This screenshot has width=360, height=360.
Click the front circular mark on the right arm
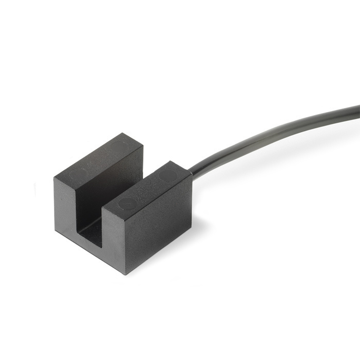click(x=127, y=203)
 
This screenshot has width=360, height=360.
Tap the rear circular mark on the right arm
click(x=167, y=175)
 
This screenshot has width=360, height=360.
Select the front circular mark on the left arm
click(x=78, y=174)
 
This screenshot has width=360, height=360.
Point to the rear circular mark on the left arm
click(x=119, y=147)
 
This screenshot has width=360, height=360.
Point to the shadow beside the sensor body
click(x=206, y=226)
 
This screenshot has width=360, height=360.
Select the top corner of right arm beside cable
click(x=191, y=173)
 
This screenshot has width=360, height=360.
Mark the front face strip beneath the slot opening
click(x=90, y=249)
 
